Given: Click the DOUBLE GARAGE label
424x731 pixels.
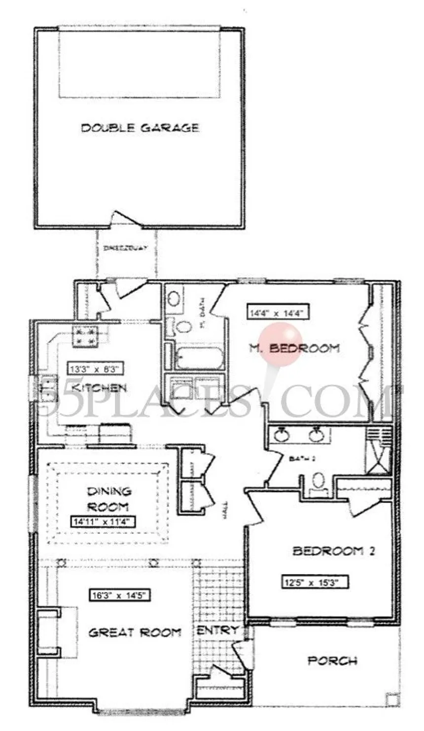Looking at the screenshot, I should (x=140, y=128).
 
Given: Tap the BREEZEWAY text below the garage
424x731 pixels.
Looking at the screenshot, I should (x=125, y=248).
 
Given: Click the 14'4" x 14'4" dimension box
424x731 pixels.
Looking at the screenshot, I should (x=279, y=312).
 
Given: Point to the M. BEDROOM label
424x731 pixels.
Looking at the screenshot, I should (x=294, y=348).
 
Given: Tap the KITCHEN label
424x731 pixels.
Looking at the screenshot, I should (x=99, y=388).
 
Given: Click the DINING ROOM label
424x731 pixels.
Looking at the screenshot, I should (x=109, y=498).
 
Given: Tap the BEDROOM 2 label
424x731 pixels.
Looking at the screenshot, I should (x=334, y=551).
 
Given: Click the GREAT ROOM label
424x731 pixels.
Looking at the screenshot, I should (x=135, y=632).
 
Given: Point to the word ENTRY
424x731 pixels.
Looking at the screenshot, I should (x=217, y=631).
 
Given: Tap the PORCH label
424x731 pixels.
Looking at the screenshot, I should (x=332, y=661).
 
